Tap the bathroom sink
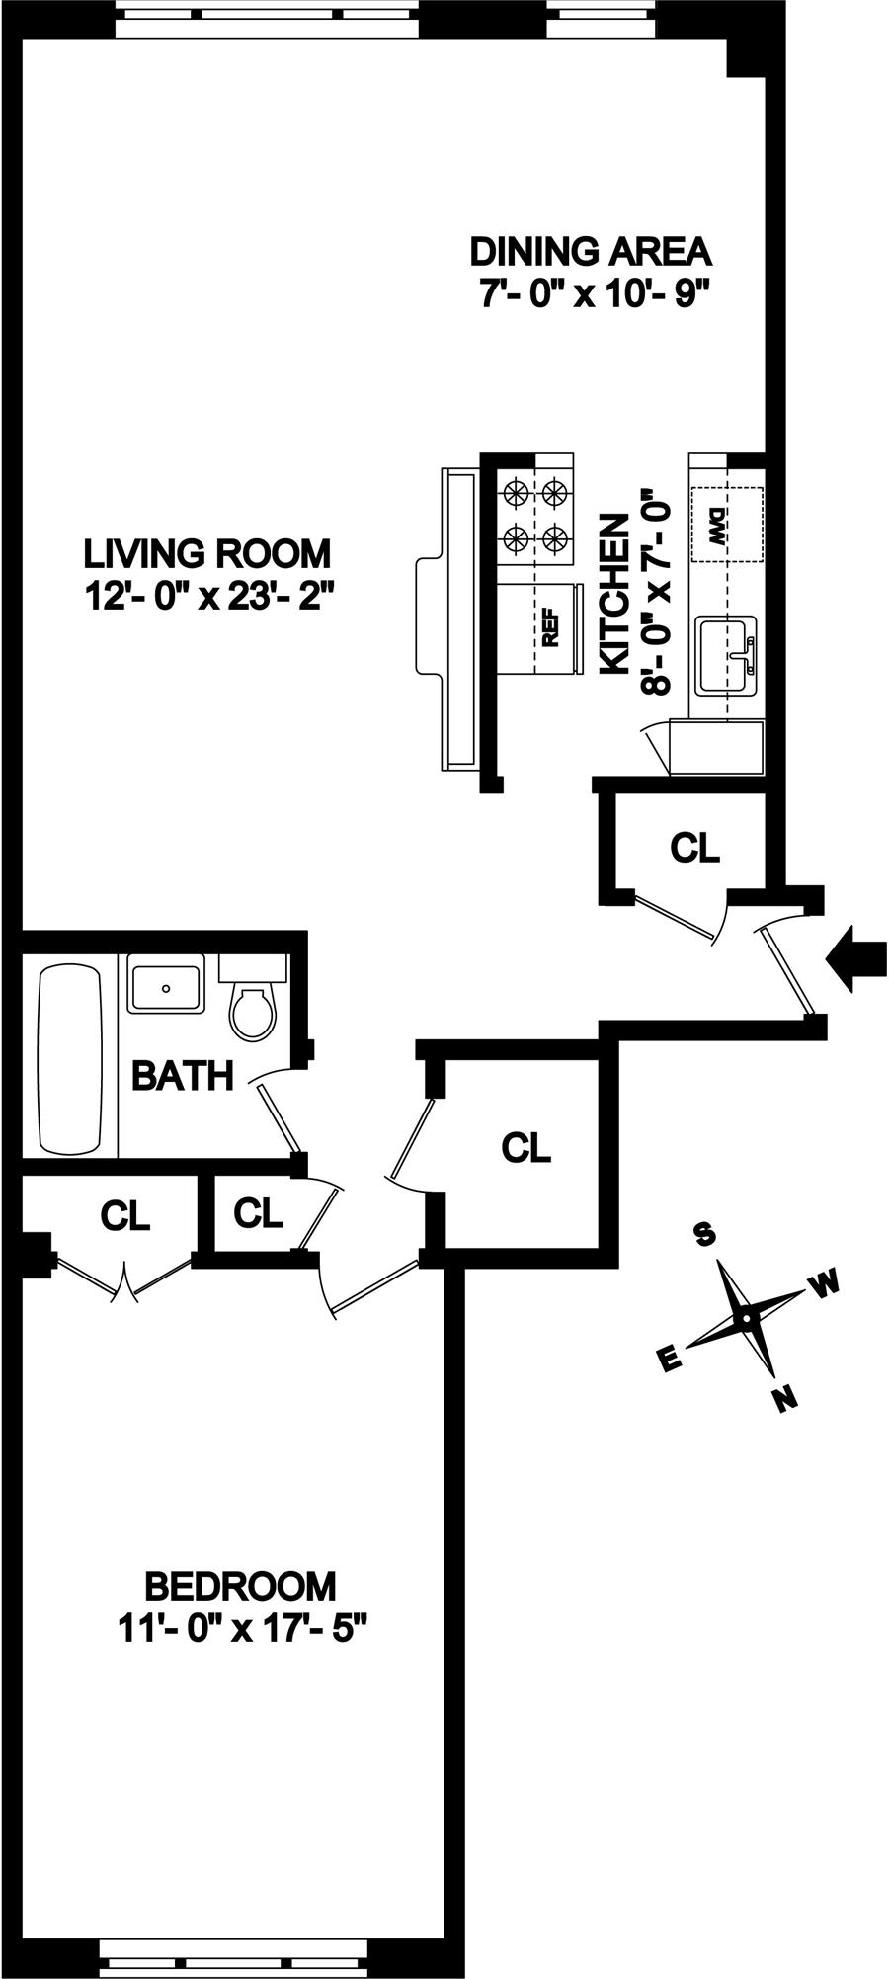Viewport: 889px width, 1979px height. tap(166, 985)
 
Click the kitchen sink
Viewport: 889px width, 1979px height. tap(726, 654)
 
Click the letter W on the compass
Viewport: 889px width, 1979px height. tap(824, 1283)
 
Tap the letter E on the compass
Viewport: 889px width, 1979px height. tap(669, 1361)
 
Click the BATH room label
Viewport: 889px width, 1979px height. tap(183, 1076)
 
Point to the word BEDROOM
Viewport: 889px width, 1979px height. tap(240, 1586)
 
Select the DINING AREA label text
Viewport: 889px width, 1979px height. tap(591, 251)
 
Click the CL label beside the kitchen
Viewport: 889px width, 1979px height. tap(695, 847)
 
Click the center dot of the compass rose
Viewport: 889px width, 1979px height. tap(747, 1317)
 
